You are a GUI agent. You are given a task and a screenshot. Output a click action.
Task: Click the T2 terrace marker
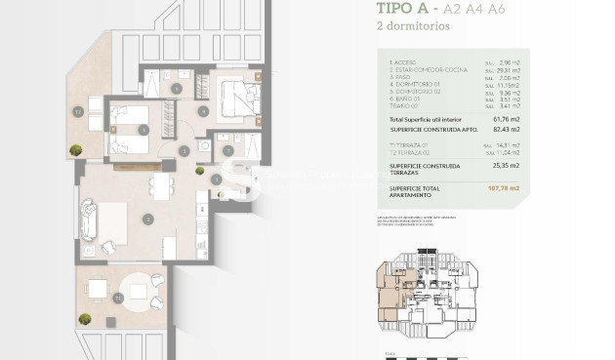point(77,111)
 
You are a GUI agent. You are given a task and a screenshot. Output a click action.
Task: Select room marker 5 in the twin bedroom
point(144,129)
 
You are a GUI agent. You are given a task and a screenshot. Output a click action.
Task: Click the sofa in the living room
point(88,220)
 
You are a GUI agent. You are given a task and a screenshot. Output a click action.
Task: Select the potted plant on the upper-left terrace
point(75,149)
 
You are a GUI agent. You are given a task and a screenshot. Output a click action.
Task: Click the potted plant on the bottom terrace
point(86,319)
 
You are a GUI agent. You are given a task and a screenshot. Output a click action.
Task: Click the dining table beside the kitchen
point(159,182)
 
